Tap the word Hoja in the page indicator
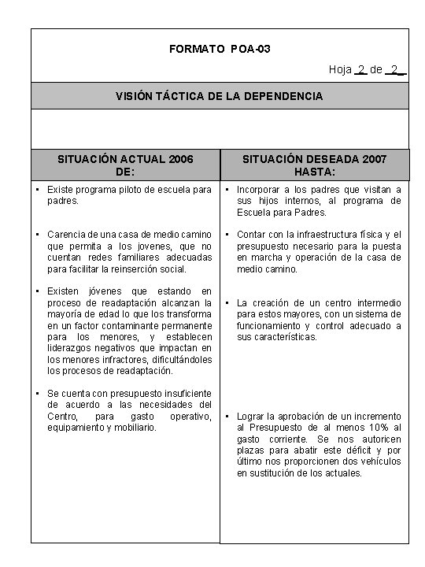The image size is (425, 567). click(x=340, y=70)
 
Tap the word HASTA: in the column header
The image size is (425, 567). click(x=315, y=171)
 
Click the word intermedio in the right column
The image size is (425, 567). click(x=376, y=303)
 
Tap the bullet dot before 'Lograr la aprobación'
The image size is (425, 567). click(x=227, y=417)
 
